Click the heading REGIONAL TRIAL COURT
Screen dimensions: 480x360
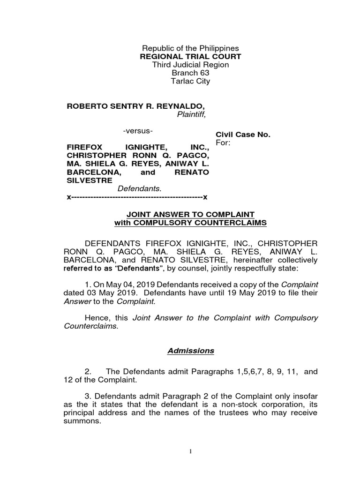190,57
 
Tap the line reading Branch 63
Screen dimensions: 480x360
190,73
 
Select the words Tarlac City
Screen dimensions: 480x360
190,81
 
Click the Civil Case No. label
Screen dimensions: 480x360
243,135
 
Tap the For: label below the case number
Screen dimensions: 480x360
223,142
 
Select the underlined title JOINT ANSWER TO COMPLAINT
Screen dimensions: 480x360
190,215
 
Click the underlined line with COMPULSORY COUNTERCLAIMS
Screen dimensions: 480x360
190,223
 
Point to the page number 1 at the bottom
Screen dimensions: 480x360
191,452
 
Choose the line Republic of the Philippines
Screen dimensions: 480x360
190,48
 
